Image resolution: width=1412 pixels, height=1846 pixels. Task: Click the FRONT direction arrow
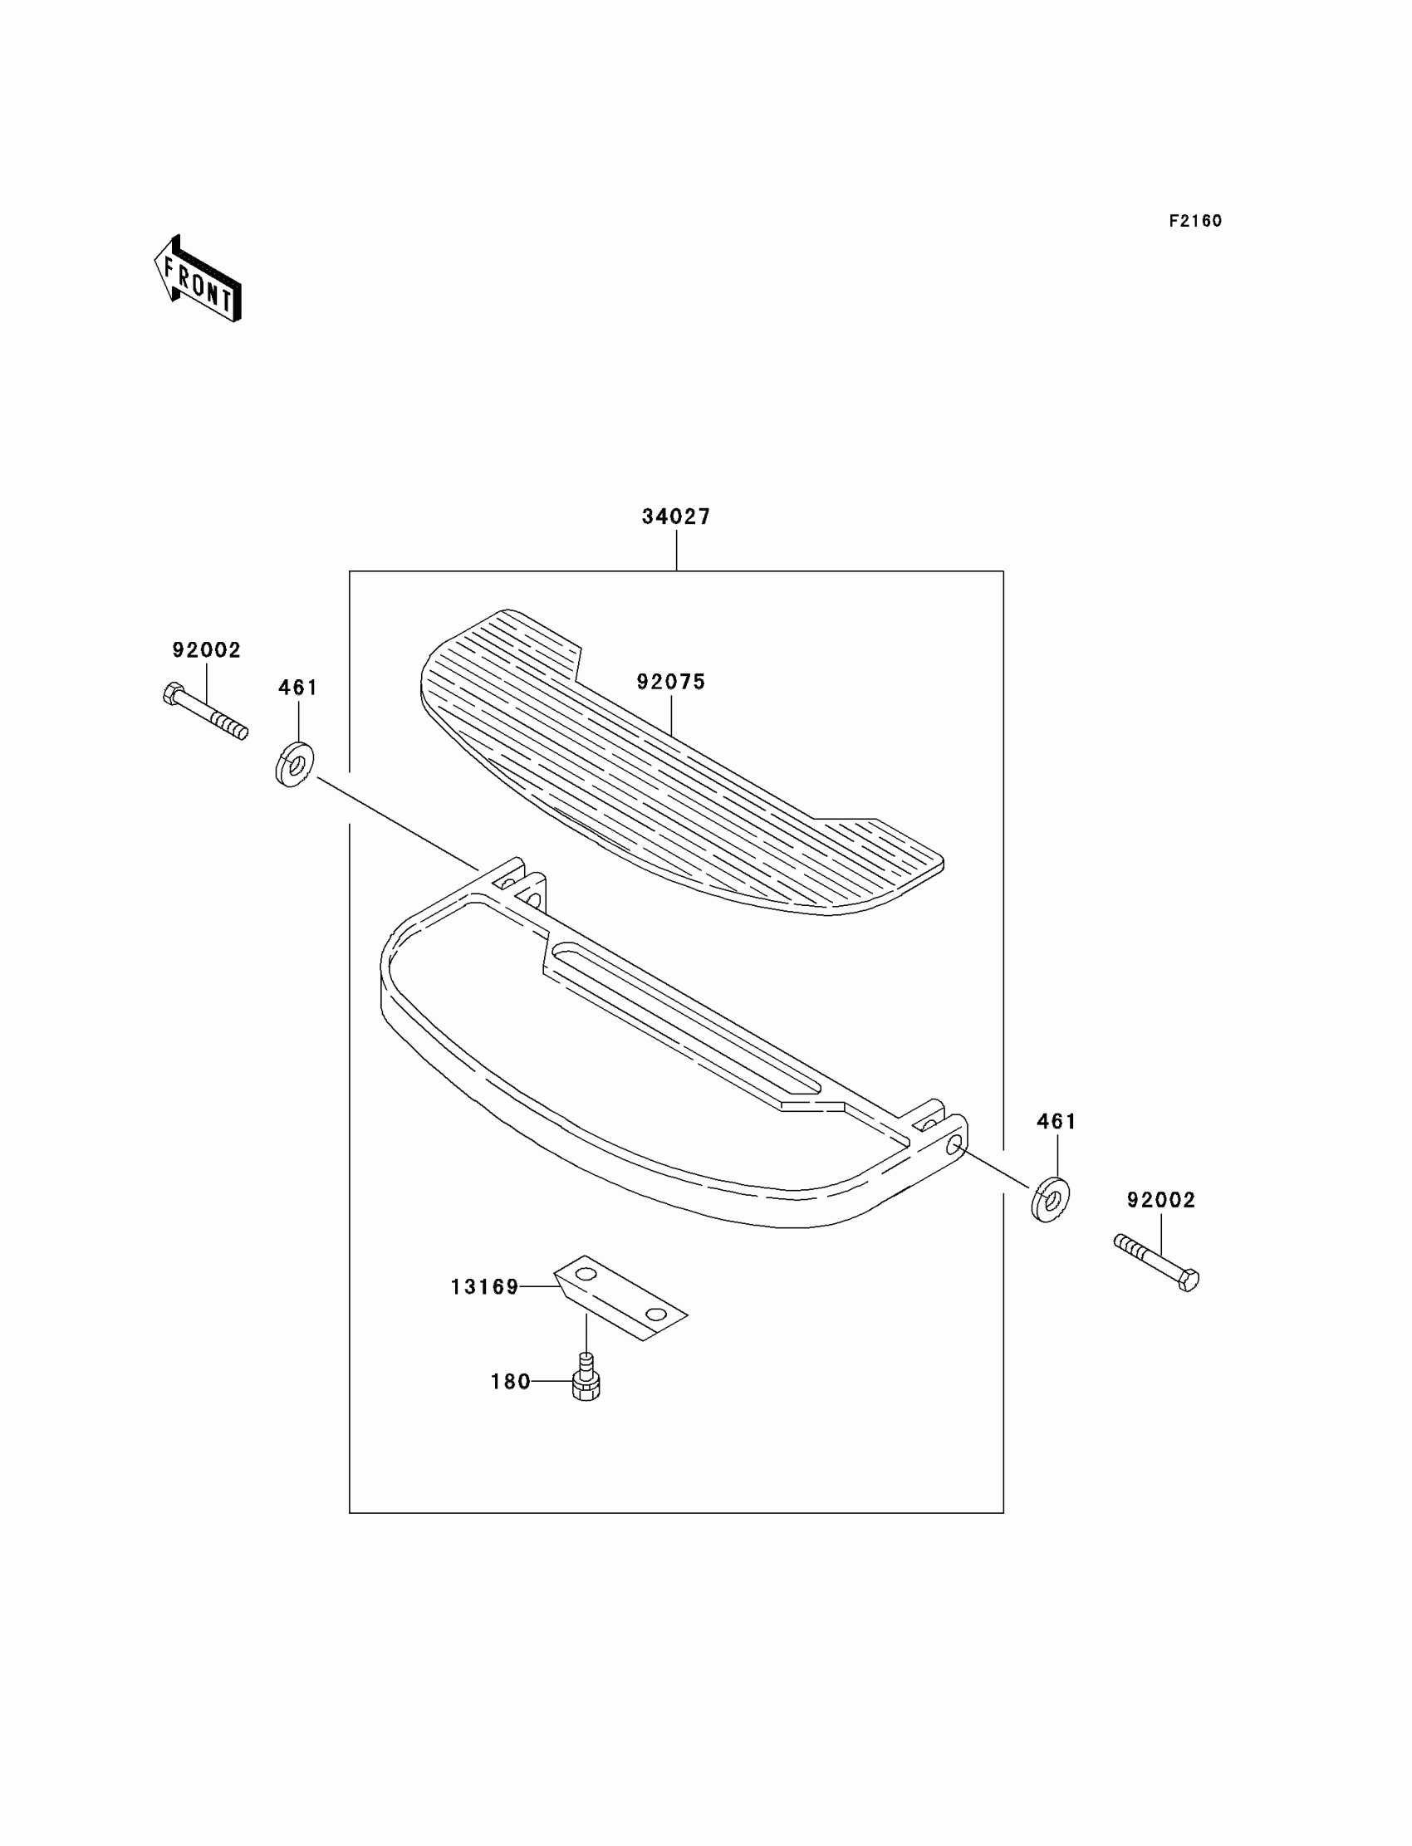pos(199,280)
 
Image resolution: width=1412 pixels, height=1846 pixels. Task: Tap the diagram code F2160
pos(1195,221)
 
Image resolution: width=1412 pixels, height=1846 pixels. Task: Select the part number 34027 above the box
pos(676,517)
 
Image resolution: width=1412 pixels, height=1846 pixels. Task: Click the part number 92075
pos(671,683)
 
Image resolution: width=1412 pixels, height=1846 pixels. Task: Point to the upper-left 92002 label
pos(207,650)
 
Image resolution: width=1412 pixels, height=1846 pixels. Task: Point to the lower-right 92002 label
pos(1160,1201)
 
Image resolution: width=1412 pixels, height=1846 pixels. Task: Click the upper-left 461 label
pos(298,688)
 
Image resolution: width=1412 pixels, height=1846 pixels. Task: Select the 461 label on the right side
pos(1057,1122)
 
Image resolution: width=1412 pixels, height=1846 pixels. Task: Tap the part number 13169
pos(485,1287)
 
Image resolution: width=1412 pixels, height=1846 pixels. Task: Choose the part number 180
pos(510,1382)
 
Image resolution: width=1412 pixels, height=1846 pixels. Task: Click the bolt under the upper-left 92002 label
pos(206,711)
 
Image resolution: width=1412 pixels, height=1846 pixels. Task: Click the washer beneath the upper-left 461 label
pos(294,765)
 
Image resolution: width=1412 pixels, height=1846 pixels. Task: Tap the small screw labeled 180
pos(586,1378)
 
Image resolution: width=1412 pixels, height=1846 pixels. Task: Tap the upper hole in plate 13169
pos(586,1274)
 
